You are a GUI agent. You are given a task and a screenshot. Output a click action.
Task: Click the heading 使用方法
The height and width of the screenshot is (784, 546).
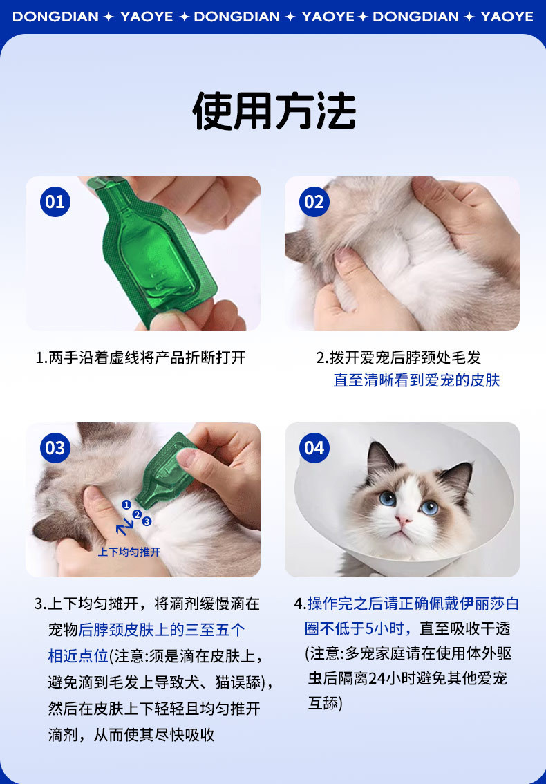[x=274, y=111]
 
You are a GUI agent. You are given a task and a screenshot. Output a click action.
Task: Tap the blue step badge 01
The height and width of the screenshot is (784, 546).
[x=55, y=202]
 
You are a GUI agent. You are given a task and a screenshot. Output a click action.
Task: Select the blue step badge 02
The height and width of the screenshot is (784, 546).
[x=314, y=202]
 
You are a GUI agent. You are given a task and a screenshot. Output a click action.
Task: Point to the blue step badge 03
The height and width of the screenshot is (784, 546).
[x=55, y=448]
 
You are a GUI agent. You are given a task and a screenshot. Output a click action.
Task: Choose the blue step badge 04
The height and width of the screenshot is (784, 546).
[x=314, y=448]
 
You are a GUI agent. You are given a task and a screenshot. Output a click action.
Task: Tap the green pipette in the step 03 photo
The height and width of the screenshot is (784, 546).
[x=166, y=469]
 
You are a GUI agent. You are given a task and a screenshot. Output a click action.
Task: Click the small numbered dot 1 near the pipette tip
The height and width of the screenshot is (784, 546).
[x=126, y=505]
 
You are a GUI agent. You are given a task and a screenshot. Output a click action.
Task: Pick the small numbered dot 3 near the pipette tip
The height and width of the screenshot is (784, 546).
[x=147, y=521]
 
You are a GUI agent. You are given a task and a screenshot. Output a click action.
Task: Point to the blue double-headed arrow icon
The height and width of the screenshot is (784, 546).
[x=124, y=527]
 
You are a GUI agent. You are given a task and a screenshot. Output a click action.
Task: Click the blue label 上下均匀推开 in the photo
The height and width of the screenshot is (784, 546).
[x=129, y=552]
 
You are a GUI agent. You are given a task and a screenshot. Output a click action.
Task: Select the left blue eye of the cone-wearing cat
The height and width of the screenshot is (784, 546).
[x=387, y=498]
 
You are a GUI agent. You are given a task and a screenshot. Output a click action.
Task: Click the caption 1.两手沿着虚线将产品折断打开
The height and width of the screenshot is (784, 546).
[x=140, y=357]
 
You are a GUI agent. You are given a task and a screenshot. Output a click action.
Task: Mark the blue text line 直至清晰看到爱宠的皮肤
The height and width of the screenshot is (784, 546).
[x=417, y=380]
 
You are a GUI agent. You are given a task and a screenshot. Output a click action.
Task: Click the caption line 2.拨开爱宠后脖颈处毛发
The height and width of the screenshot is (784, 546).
[x=399, y=357]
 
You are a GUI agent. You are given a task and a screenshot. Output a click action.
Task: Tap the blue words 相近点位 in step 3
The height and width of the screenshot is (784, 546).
[x=78, y=655]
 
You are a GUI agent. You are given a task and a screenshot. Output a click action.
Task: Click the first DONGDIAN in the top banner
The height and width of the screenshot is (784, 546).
[x=55, y=17]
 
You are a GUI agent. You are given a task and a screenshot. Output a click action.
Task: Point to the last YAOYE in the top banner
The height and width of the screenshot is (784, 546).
[x=507, y=17]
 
